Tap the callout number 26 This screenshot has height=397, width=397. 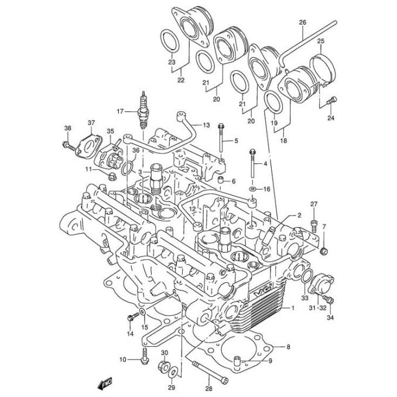303,23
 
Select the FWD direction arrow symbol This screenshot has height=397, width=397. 105,384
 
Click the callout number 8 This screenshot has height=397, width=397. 288,347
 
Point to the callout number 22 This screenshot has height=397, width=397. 181,79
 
